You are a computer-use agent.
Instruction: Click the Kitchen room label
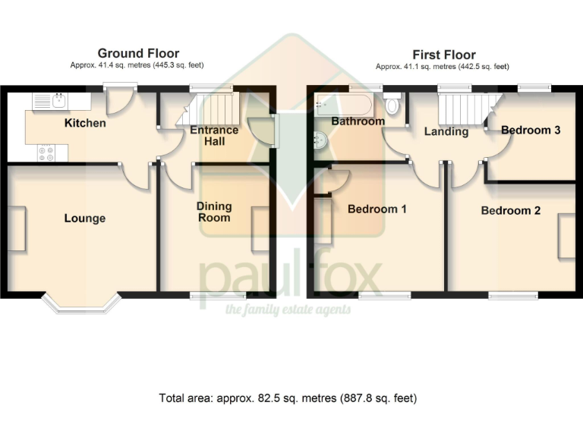point(85,123)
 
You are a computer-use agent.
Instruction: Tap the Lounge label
point(85,218)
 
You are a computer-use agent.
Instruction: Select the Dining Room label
point(214,212)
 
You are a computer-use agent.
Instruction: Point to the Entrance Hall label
point(214,136)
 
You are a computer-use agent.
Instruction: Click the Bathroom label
point(358,121)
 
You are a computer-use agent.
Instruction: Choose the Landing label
point(446,131)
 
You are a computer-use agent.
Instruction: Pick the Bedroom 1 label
point(377,209)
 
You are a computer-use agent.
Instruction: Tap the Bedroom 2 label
point(511,210)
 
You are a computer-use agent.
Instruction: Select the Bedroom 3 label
point(531,130)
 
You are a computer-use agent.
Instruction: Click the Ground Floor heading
point(138,53)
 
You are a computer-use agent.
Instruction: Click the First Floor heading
point(444,55)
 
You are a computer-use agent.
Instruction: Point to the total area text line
point(288,398)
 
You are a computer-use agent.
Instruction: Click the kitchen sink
point(52,101)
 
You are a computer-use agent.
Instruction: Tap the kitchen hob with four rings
point(46,152)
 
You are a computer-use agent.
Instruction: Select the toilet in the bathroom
point(392,105)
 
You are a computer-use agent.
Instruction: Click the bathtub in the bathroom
point(345,104)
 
